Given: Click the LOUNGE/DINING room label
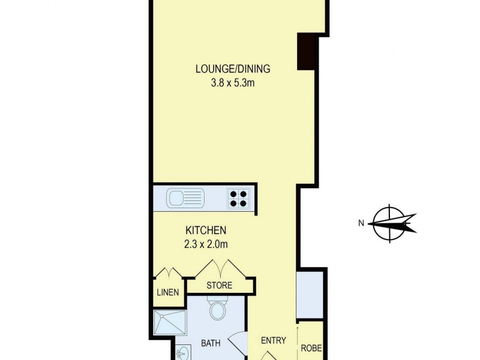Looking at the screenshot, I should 233,69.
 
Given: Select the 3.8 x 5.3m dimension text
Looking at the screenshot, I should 233,83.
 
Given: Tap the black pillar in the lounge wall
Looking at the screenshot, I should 306,52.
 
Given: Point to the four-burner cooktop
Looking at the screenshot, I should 238,198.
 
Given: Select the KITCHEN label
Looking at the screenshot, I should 205,230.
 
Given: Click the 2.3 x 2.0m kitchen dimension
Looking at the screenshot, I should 205,244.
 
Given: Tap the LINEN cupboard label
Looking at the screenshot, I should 168,292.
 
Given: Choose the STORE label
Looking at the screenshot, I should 219,285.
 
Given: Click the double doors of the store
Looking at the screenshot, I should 219,268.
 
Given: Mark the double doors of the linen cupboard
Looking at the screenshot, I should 169,273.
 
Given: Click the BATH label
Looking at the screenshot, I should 210,344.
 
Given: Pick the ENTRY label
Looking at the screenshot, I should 273,340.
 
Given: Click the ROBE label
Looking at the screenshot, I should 311,347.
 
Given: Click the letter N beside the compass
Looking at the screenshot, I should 361,224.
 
